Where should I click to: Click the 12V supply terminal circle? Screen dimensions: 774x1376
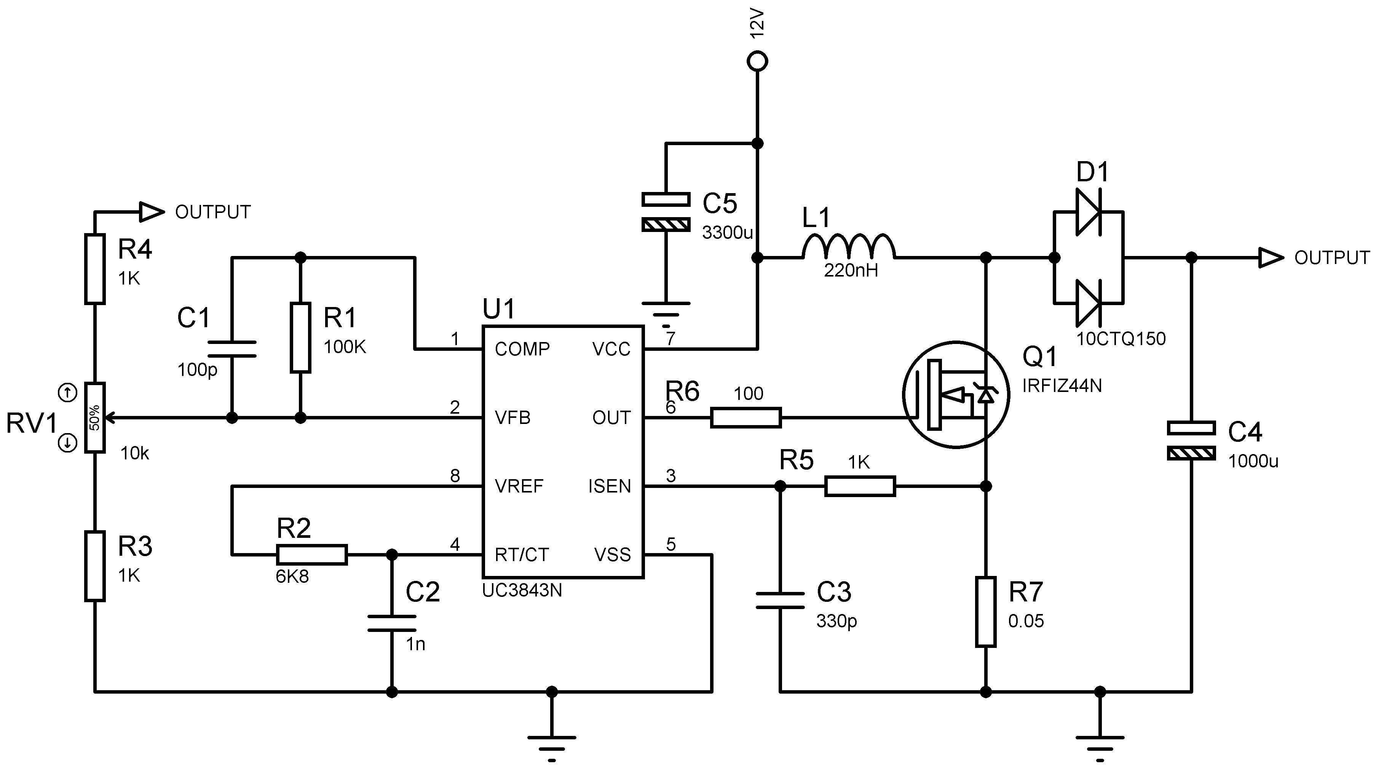(757, 61)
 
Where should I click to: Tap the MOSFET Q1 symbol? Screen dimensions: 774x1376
(956, 395)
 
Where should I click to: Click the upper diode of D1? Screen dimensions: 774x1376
(1087, 212)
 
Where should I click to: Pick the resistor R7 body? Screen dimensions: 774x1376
(985, 611)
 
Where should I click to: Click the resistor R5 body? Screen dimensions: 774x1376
(859, 486)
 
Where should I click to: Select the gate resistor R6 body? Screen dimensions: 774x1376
(746, 417)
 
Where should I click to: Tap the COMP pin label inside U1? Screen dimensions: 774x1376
(522, 349)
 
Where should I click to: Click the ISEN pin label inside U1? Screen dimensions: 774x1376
(610, 486)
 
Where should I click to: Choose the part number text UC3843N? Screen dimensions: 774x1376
(522, 590)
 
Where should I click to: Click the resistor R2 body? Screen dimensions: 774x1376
(312, 555)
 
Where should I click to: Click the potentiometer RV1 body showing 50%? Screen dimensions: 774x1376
(94, 417)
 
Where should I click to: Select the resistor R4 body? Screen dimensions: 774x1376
(94, 269)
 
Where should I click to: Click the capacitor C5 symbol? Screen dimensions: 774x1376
(666, 212)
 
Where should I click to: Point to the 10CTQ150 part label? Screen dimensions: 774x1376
(1121, 338)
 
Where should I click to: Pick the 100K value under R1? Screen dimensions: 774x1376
(345, 347)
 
